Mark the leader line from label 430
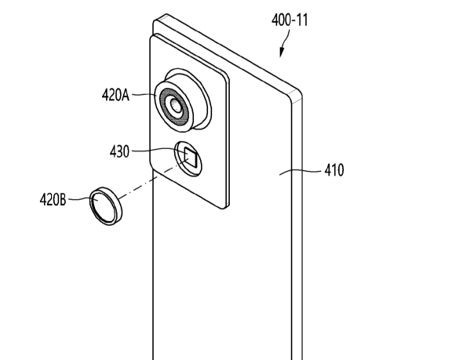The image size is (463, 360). (157, 151)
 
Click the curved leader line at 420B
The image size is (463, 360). (78, 199)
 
